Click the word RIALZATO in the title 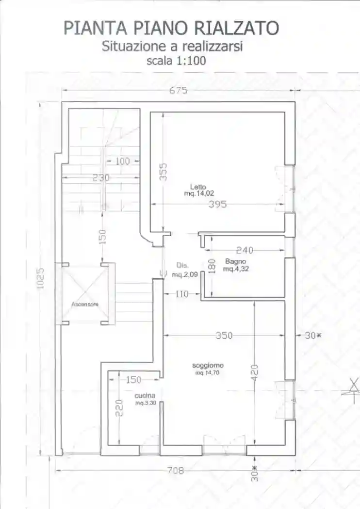[237, 28]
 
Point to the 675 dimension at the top [179, 90]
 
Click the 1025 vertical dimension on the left [40, 278]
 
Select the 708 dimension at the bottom [176, 470]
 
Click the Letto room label [198, 187]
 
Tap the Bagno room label [236, 261]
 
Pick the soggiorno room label [208, 366]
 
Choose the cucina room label [145, 396]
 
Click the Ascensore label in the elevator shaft [85, 304]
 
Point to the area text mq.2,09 [184, 275]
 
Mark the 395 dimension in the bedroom [217, 204]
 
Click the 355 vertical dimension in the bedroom [164, 172]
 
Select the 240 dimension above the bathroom [245, 250]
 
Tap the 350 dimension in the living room [224, 335]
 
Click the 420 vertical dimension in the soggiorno [255, 373]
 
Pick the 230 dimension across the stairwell [101, 178]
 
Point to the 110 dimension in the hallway [181, 294]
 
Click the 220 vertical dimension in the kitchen [119, 408]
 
